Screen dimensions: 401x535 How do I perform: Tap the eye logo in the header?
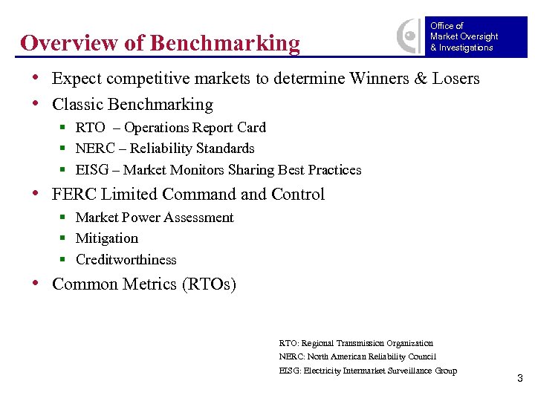coord(409,36)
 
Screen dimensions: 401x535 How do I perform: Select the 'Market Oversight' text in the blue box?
coord(464,36)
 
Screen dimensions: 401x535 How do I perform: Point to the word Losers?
coord(454,79)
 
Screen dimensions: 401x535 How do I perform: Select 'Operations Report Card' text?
coord(195,128)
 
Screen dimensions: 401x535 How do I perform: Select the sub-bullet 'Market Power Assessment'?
coord(155,218)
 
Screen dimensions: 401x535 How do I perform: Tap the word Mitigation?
coord(107,238)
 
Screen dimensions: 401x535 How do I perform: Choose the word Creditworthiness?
coord(126,260)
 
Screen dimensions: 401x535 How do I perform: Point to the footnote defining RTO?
coord(356,343)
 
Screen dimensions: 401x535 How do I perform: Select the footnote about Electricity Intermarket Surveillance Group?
coord(368,371)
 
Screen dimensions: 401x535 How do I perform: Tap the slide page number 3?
coord(520,379)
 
